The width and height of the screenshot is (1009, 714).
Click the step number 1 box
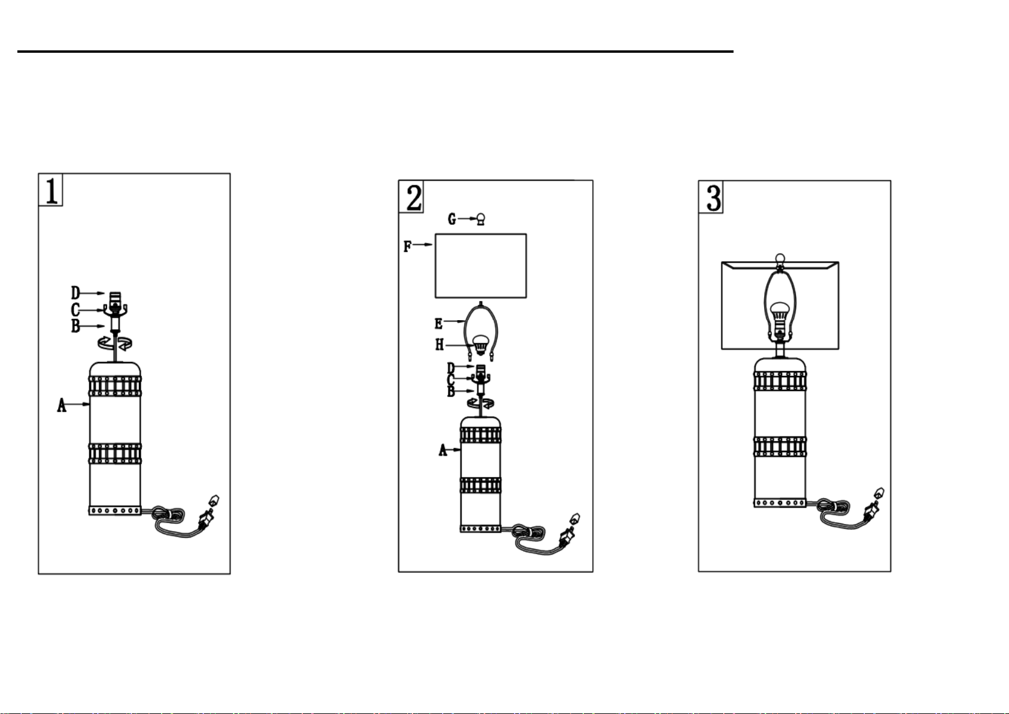(x=51, y=189)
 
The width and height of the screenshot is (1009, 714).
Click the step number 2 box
(x=412, y=196)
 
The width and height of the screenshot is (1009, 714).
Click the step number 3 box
(x=711, y=196)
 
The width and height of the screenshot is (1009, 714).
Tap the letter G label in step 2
(x=452, y=219)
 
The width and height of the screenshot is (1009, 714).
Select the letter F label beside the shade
(x=408, y=246)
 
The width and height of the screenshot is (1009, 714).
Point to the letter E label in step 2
(x=438, y=324)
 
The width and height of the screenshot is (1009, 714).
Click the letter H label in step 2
(x=440, y=345)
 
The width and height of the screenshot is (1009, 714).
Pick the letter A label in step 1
(x=62, y=406)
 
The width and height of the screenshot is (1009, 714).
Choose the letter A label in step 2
(x=443, y=450)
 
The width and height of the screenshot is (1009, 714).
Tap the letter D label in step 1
(x=75, y=293)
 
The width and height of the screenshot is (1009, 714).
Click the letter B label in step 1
(x=75, y=327)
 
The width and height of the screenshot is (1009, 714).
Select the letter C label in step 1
(x=75, y=310)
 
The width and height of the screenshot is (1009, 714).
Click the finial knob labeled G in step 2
(x=480, y=219)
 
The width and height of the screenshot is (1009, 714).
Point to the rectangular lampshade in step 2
(x=480, y=266)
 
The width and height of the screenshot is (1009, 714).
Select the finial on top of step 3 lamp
(x=780, y=259)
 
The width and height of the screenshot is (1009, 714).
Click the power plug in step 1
(x=208, y=514)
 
